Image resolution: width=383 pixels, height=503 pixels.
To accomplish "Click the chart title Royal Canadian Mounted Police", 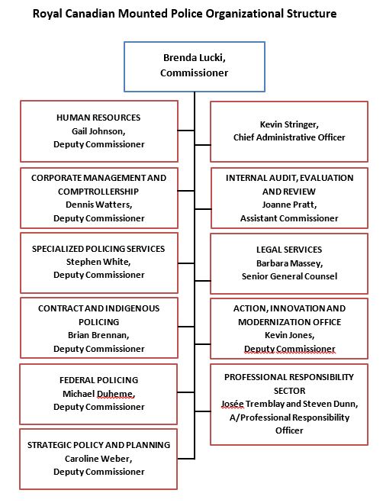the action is point(190,14).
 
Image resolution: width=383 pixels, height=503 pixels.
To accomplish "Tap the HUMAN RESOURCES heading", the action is point(98,118).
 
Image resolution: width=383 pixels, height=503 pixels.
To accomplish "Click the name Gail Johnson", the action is point(98,131).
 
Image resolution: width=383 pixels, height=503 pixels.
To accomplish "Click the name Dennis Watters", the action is point(98,205).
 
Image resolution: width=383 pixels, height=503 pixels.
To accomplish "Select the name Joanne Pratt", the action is point(289,205).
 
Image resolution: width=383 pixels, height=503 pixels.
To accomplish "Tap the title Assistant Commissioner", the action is point(289,218).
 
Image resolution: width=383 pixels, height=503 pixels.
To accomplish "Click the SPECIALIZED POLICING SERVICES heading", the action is point(98,249).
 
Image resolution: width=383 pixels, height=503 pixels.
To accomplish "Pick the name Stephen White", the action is point(98,262).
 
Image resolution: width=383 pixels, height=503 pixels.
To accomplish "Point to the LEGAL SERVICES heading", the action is point(289,250).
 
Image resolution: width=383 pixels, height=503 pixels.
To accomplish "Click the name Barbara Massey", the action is point(289,263).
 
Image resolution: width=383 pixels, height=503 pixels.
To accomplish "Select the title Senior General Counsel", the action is point(289,276).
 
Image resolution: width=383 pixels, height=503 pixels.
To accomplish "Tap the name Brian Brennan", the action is point(98,335).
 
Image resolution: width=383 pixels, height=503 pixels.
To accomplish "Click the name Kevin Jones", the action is point(289,335).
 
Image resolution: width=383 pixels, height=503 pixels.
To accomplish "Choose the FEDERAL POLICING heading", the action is point(98,379).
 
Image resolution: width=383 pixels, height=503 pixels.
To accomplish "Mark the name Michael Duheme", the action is point(98,392).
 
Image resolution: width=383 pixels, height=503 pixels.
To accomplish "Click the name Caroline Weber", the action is point(98,458).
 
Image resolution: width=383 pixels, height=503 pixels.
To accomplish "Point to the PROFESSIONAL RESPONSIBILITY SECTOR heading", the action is point(289,383).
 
